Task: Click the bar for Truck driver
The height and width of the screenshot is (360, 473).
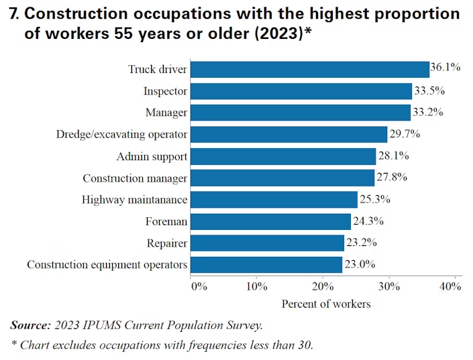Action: coord(309,69)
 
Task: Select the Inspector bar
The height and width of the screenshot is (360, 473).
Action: coord(301,91)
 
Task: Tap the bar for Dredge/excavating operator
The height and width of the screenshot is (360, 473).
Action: coord(288,135)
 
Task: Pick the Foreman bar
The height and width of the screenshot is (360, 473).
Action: coord(270,221)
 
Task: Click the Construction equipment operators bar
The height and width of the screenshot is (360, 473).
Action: coord(266,264)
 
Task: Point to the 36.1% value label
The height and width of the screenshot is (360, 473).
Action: coord(445,68)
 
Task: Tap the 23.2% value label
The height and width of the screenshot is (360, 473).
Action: coord(360,243)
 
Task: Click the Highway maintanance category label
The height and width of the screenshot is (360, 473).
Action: coord(134,200)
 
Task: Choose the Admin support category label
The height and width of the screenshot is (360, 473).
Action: coord(152,157)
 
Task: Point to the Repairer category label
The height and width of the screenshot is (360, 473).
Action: coord(166,243)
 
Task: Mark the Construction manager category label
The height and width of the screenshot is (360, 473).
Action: coord(135,178)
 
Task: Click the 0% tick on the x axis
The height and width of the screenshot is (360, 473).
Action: coord(199,287)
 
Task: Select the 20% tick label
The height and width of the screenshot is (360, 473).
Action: coord(323,287)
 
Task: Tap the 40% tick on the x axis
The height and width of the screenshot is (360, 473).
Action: coord(450,287)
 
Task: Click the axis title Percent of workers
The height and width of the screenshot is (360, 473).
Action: coord(325,304)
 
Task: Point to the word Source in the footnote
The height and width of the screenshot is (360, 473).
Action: coord(30,326)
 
